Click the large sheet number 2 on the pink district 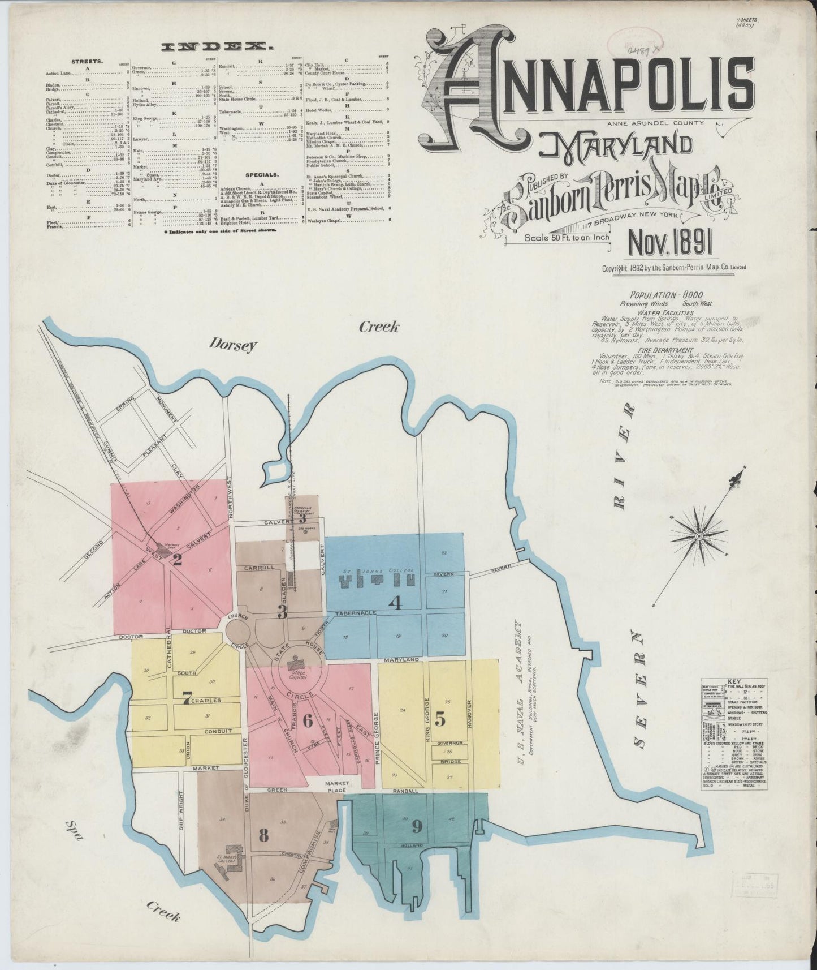pos(177,560)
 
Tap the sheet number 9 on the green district pos(417,827)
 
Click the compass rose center pos(699,535)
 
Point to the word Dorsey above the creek pos(232,345)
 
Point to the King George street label pos(427,720)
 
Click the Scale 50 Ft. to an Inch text pos(567,238)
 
